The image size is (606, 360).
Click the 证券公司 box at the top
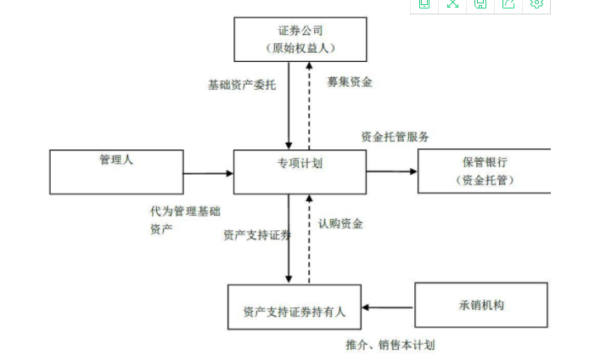(300, 39)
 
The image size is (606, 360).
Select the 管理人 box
(116, 172)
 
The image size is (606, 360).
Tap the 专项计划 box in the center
(300, 172)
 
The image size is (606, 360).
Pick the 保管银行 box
(485, 171)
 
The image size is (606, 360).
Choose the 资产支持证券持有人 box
(295, 307)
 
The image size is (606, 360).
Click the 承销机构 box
(480, 305)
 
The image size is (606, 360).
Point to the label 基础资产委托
(242, 85)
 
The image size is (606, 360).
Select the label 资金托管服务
(395, 136)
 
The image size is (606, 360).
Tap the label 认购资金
(340, 224)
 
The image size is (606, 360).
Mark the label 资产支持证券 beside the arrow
(256, 235)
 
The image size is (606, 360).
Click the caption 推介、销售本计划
(390, 345)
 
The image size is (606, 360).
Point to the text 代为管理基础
(184, 211)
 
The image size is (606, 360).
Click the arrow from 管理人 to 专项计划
(208, 173)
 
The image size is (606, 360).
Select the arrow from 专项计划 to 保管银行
(392, 172)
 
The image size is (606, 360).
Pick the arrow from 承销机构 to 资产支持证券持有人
(388, 307)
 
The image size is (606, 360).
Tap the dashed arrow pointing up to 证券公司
(309, 105)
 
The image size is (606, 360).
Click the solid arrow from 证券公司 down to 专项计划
(289, 105)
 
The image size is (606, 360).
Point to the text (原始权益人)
(300, 48)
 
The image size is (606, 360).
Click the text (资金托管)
(485, 180)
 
